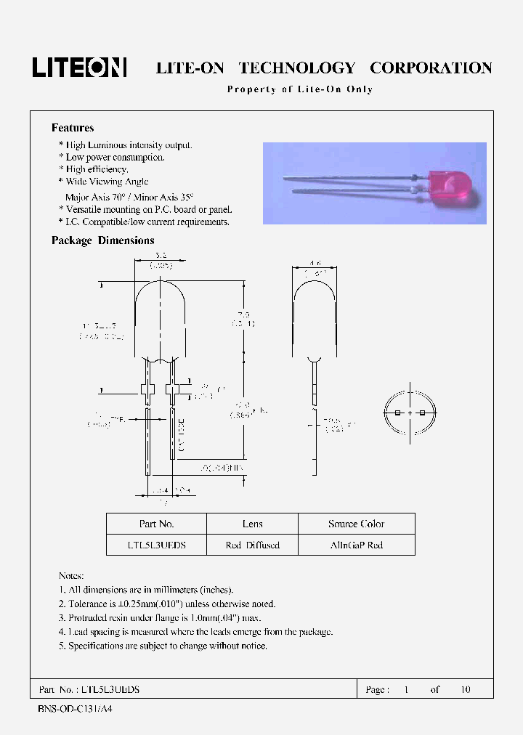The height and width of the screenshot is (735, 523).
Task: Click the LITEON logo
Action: pos(79,68)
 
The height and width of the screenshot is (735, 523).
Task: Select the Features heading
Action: pos(73,128)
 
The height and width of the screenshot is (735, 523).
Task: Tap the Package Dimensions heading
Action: pos(102,240)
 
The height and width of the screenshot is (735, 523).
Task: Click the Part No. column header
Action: pos(156,524)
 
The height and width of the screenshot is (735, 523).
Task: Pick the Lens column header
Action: pos(252,524)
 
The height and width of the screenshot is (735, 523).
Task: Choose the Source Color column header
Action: pos(356,524)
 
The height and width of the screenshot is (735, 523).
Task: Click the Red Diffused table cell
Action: pos(252,545)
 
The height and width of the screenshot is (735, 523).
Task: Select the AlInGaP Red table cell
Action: pos(356,545)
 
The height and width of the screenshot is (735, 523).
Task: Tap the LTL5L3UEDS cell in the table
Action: pos(156,545)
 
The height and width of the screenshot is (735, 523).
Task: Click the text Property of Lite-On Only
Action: pos(300,89)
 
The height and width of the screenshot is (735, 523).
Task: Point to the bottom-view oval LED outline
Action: pos(410,413)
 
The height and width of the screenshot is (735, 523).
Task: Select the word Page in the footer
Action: pos(376,689)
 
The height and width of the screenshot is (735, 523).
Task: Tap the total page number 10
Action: pos(464,689)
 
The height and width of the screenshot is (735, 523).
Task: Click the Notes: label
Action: pos(71,575)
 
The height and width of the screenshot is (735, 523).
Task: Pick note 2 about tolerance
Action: pos(167,604)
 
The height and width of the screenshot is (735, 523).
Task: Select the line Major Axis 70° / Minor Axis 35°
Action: pos(130,197)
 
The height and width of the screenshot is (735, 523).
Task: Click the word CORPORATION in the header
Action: pos(431,68)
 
